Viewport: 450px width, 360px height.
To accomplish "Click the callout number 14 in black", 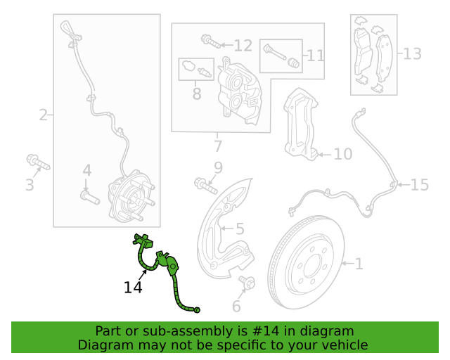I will point(133,287).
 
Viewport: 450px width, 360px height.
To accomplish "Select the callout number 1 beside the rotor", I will point(359,264).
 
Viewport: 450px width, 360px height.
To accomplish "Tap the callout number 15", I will point(419,185).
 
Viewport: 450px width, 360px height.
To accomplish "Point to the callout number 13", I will point(412,53).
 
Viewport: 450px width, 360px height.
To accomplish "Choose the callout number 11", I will point(316,54).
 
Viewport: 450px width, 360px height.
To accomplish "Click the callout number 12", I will point(243,46).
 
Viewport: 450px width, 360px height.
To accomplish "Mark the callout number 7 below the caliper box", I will point(217,146).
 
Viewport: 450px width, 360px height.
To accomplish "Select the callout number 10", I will point(342,154).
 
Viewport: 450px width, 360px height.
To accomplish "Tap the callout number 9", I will point(217,167).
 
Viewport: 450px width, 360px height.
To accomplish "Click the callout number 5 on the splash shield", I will point(239,229).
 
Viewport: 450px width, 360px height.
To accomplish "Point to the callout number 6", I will point(236,307).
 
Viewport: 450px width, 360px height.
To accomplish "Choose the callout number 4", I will point(87,170).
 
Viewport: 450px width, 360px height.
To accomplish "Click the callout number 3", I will point(30,186).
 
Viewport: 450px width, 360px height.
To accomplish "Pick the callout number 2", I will point(44,115).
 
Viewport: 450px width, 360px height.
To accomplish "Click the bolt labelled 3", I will point(38,163).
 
